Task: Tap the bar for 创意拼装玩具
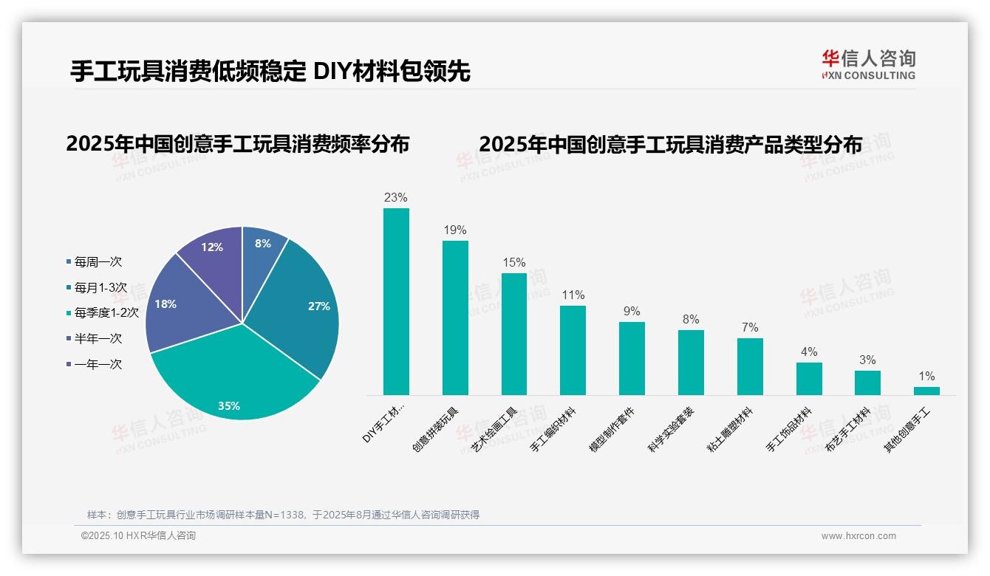455,318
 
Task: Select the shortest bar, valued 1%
926,391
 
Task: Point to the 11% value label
573,295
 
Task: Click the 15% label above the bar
513,262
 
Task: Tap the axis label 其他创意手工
908,430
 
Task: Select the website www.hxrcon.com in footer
858,536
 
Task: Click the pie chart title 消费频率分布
237,144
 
